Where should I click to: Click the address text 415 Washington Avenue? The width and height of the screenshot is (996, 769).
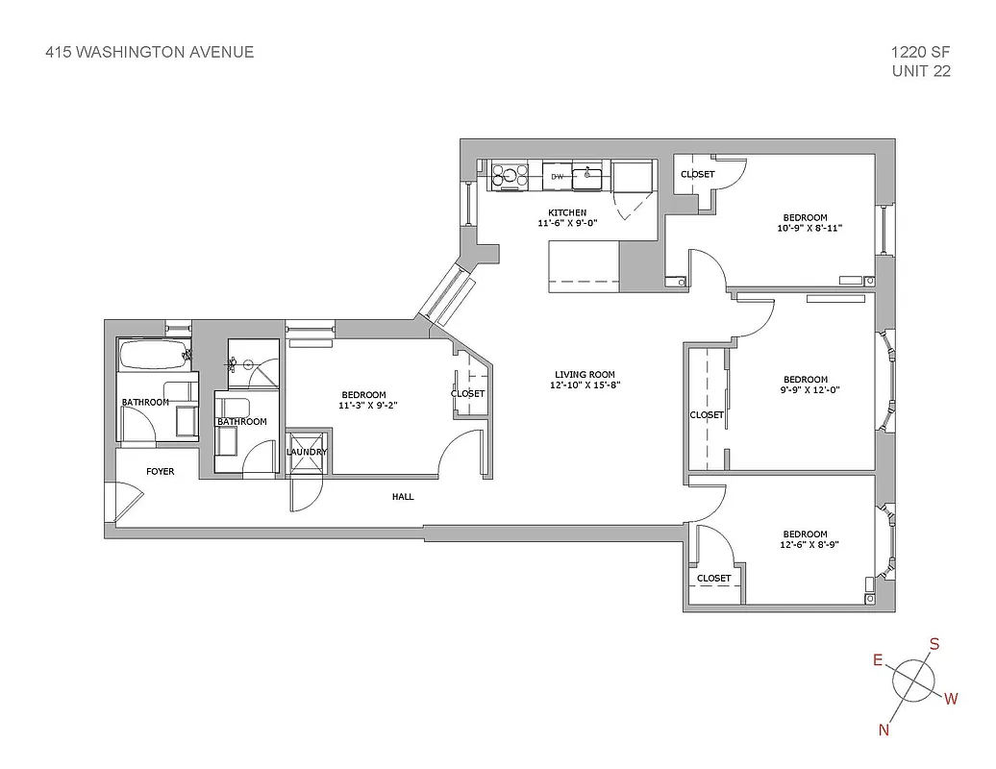[150, 52]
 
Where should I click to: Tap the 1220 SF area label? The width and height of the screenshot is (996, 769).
[921, 52]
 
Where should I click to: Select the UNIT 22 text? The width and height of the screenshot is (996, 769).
[921, 71]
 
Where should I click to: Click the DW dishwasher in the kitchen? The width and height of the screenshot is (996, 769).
[557, 177]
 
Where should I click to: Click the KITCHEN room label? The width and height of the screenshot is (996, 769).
[567, 212]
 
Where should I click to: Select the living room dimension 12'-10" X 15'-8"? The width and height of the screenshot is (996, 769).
[585, 386]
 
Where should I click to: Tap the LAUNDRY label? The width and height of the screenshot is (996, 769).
[307, 452]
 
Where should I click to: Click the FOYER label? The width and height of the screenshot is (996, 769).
[160, 472]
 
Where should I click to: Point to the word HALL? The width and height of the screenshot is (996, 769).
[403, 497]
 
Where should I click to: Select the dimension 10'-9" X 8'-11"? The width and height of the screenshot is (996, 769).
[805, 229]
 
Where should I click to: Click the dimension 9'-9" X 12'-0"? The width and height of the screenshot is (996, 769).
[805, 390]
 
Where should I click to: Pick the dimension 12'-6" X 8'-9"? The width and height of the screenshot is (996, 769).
[805, 546]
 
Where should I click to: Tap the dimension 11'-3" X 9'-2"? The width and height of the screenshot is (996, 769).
[363, 407]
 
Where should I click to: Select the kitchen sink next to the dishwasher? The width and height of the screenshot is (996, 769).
[587, 177]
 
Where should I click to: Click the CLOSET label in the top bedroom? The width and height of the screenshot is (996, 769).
[697, 174]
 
